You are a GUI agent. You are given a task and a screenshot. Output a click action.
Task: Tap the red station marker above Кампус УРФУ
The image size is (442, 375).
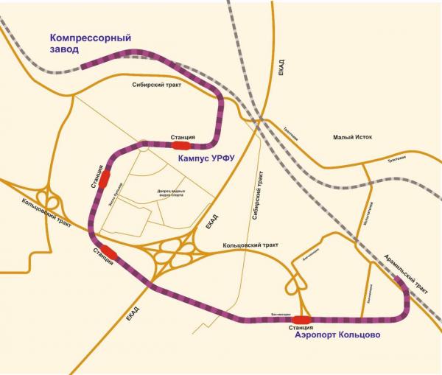pos(182,144)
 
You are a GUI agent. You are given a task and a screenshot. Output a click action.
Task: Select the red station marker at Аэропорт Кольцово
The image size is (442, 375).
pos(301,319)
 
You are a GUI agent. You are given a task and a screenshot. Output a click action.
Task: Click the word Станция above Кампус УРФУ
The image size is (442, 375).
pos(182,136)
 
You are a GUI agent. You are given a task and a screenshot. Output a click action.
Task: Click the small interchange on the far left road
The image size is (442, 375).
pos(51,197)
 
